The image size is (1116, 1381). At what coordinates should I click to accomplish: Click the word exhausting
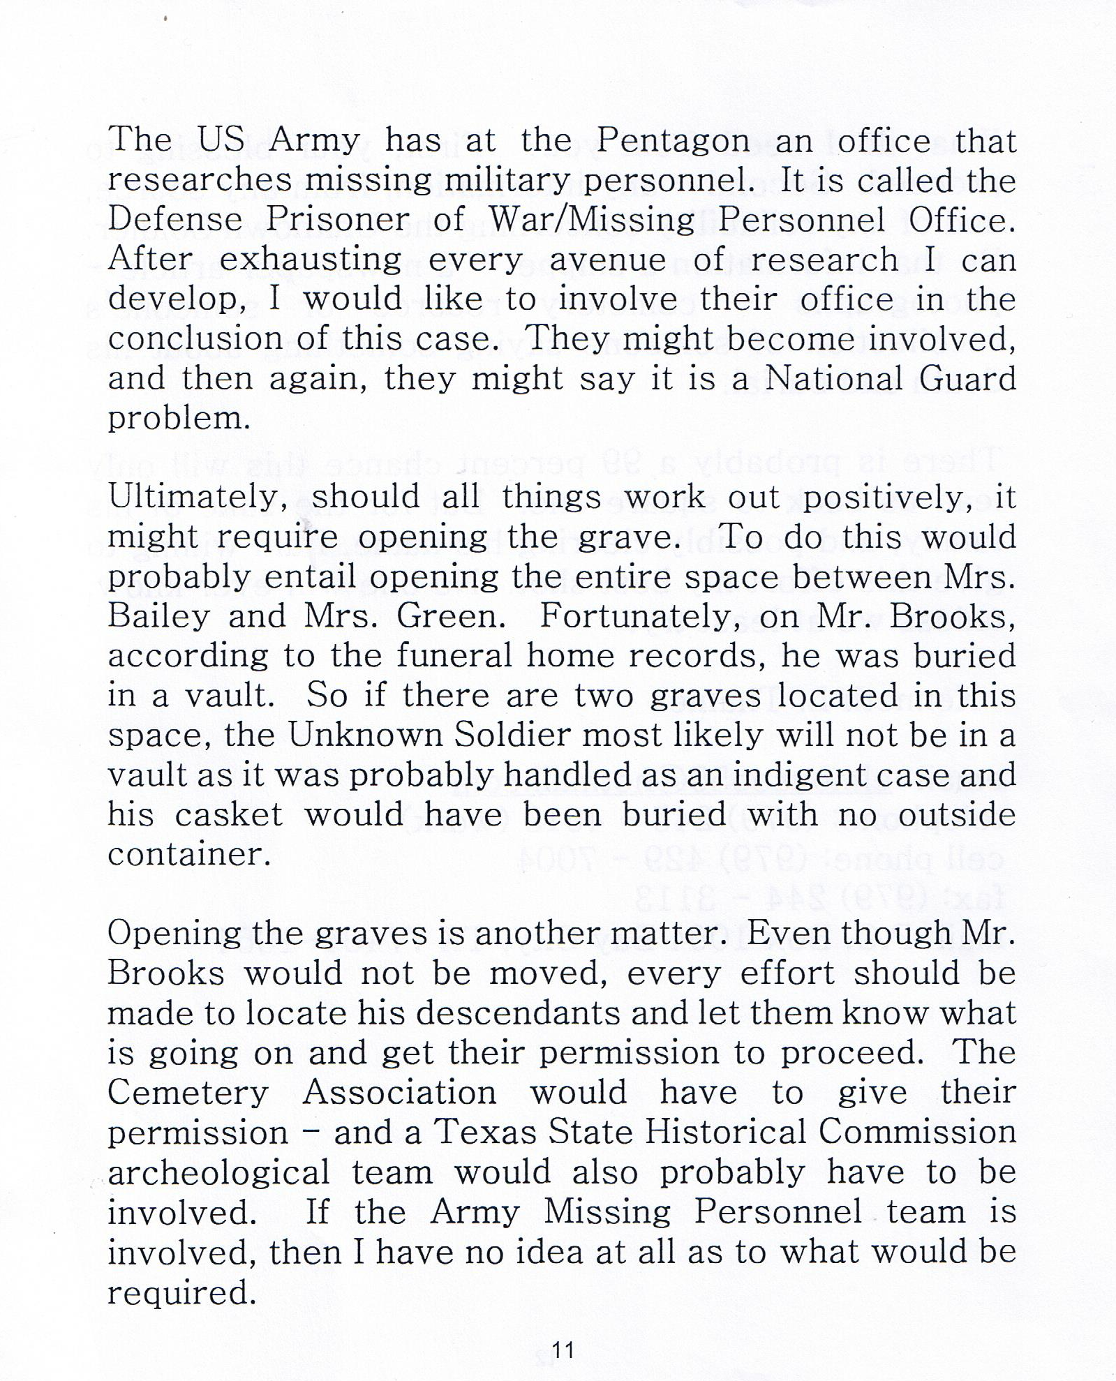(311, 260)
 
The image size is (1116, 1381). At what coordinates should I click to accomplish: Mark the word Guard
(967, 379)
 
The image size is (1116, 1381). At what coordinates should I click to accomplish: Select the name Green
(451, 617)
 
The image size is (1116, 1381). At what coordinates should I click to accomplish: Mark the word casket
(229, 814)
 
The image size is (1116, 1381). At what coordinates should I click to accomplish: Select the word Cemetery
(188, 1093)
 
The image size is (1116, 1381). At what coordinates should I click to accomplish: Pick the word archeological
(218, 1172)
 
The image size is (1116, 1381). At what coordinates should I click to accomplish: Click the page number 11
(563, 1350)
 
